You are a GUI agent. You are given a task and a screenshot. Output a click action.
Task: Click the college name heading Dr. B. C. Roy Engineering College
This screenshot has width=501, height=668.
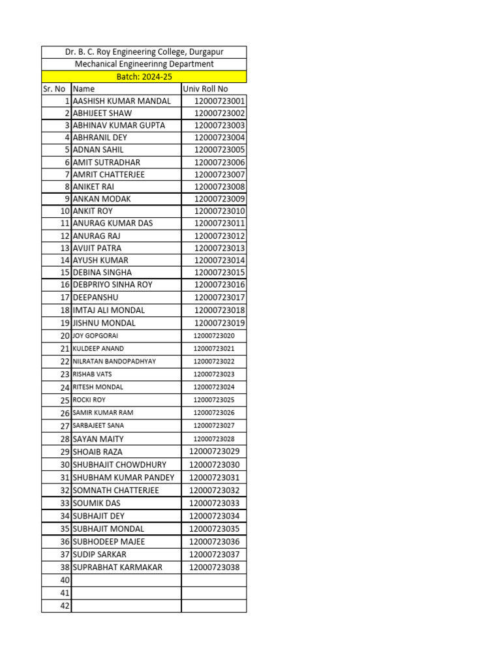[144, 52]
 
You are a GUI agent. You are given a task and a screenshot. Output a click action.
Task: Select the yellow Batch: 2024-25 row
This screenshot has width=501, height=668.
[144, 76]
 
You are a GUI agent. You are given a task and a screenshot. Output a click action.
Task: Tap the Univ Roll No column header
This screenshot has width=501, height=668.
[205, 89]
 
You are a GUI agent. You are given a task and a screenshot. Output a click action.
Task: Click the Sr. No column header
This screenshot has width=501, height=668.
[54, 89]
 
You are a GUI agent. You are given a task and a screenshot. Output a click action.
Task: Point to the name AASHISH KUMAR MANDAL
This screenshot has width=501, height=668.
[122, 101]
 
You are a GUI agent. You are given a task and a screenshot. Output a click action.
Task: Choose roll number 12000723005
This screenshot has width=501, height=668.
[219, 149]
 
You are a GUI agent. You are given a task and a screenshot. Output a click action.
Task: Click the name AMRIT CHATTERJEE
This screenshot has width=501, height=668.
[109, 174]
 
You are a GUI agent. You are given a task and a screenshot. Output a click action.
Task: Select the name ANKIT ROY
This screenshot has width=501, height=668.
[93, 211]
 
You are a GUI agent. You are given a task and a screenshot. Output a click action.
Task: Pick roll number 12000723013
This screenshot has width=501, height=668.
[219, 248]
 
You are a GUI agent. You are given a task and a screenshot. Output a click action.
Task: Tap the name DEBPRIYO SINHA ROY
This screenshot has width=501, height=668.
[113, 284]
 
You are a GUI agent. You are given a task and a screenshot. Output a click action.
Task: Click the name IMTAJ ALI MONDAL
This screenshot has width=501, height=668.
[109, 310]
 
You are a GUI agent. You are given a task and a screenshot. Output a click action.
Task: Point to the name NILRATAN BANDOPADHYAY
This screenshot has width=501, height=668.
[114, 361]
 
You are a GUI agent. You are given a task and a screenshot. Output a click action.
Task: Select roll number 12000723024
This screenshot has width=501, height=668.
[214, 387]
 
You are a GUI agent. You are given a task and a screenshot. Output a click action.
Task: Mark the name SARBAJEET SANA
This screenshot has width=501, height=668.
[99, 425]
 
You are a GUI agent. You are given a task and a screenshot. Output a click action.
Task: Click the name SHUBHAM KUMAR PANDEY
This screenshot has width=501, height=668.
[124, 478]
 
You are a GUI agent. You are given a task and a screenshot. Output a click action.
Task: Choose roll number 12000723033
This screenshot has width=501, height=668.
[215, 503]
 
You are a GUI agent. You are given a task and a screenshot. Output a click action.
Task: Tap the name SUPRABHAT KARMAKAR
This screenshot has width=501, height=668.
[118, 567]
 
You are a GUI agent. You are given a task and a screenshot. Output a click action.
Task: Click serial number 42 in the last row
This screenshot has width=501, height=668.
[65, 606]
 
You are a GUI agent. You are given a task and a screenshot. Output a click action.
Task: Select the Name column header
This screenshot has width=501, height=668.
[83, 89]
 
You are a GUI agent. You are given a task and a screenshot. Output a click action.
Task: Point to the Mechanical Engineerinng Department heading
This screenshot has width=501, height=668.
[144, 64]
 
